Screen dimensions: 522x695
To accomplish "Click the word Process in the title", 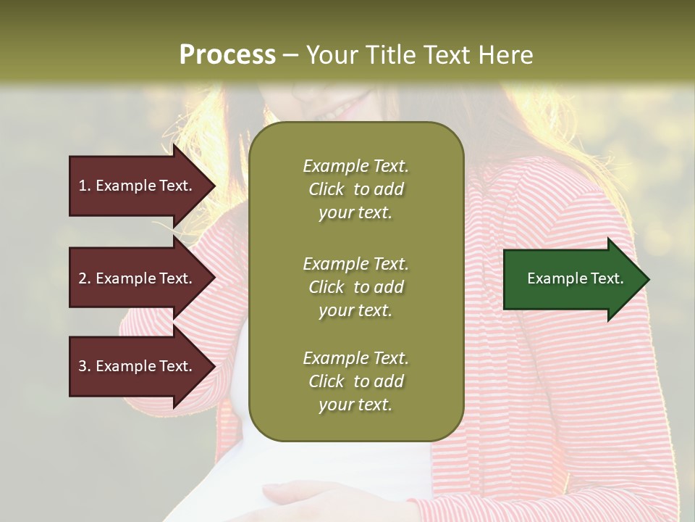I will tap(227, 55).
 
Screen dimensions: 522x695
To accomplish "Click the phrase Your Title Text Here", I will tap(419, 55).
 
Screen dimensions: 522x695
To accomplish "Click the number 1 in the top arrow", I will tap(83, 186).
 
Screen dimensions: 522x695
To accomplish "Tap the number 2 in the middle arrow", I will tap(83, 278).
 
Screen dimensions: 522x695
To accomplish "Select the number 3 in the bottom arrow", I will tap(83, 366).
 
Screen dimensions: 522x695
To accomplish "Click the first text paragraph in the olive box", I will tap(355, 189).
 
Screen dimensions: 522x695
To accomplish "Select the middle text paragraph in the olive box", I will tap(355, 287).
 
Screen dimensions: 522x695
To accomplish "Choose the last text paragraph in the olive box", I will tap(355, 381).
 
